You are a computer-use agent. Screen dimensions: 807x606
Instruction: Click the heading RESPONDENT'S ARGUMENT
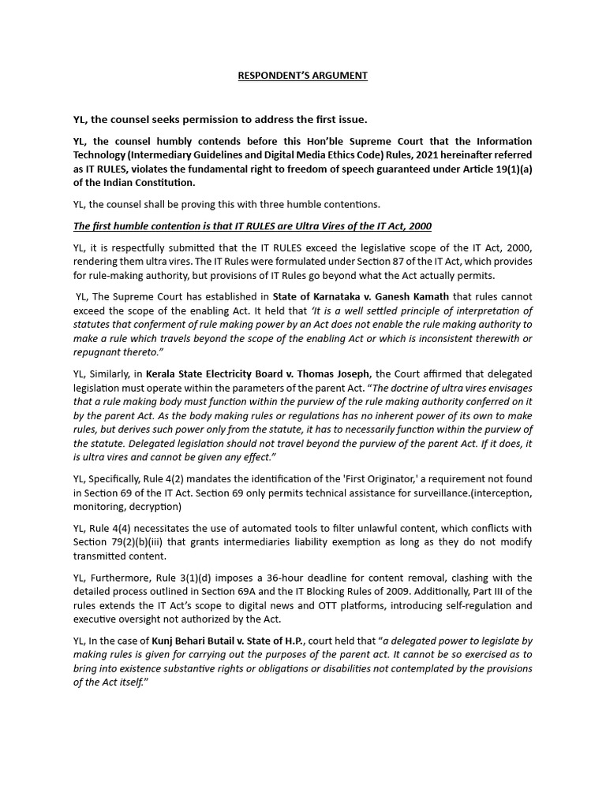303,76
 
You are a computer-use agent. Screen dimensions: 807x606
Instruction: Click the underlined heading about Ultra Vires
252,226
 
